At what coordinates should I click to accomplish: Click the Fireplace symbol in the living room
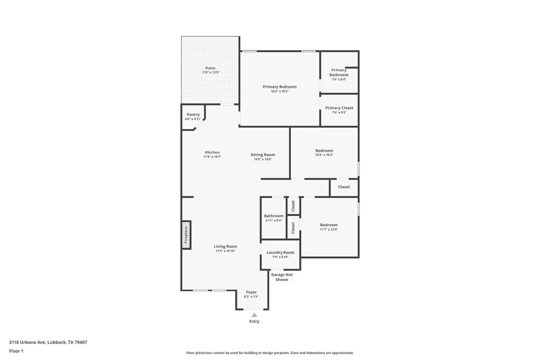(186, 235)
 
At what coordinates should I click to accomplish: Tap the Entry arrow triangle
(254, 315)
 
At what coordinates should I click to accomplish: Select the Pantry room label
(193, 115)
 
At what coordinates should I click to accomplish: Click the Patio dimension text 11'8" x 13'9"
(211, 73)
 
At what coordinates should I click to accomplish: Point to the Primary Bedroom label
(279, 87)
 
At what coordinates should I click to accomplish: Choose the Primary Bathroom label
(339, 73)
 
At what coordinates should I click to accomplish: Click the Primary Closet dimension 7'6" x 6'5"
(339, 112)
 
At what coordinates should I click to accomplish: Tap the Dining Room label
(263, 155)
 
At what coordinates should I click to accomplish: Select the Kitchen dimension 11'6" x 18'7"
(212, 157)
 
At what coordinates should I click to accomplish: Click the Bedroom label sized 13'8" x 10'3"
(324, 151)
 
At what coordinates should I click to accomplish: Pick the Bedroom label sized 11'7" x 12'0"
(329, 225)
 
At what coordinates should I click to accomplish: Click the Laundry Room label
(280, 252)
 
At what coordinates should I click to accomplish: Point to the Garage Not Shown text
(282, 277)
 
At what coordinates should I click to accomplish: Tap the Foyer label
(251, 292)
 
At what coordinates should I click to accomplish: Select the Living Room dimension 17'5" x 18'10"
(225, 251)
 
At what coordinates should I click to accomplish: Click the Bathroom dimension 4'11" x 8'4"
(273, 221)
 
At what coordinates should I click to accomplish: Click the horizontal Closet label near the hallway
(344, 187)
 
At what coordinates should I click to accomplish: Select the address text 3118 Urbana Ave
(27, 342)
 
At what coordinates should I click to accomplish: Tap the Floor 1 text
(16, 351)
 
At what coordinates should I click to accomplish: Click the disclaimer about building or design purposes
(270, 353)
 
